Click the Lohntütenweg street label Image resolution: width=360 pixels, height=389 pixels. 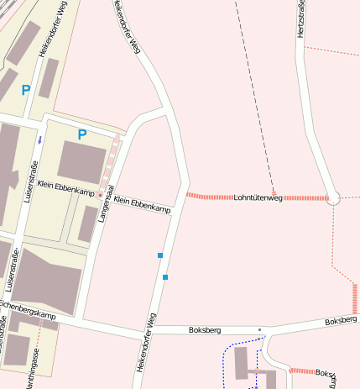click(258, 197)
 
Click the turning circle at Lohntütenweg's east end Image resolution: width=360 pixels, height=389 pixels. click(333, 199)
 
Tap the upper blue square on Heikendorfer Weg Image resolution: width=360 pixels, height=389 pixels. click(159, 255)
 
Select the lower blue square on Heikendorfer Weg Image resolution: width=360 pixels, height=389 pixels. click(165, 277)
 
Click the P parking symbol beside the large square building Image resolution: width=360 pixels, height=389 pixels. click(81, 134)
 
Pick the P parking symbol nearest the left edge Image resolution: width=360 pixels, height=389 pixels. click(25, 90)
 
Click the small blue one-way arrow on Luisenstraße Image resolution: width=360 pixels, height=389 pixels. click(39, 139)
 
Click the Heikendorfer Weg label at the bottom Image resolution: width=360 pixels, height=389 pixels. click(143, 343)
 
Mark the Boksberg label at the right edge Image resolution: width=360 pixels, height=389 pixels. click(341, 321)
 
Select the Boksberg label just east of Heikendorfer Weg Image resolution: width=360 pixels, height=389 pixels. click(204, 330)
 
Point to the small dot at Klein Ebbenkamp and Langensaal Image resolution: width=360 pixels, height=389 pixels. click(100, 196)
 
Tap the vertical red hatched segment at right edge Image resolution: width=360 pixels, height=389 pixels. click(355, 298)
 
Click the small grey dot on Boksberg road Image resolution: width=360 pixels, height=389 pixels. click(260, 329)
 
